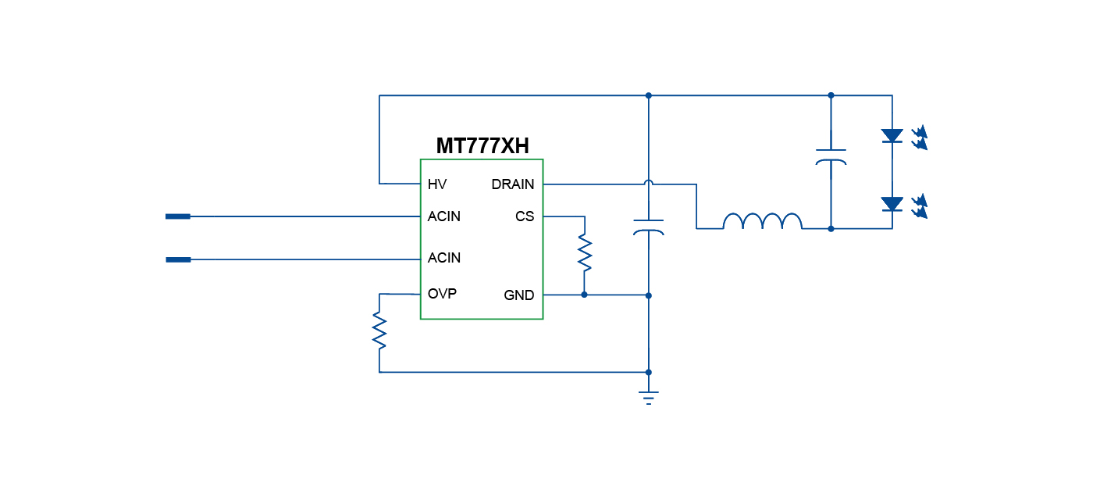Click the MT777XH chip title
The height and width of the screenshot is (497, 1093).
click(482, 146)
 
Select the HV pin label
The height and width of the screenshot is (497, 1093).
click(437, 184)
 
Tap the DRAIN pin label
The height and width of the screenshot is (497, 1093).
click(513, 184)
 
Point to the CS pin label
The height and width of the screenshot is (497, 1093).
click(525, 216)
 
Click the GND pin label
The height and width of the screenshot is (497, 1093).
click(519, 295)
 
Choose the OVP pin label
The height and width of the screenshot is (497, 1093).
click(442, 294)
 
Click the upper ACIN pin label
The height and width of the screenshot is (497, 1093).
click(444, 216)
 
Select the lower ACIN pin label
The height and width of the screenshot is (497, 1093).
click(444, 258)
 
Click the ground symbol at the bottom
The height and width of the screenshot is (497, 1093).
click(648, 396)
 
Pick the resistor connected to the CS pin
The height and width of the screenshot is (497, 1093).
click(584, 253)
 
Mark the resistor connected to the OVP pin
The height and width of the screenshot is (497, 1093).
click(379, 330)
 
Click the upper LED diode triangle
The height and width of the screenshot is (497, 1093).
click(892, 136)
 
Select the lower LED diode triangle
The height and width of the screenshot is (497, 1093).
click(892, 204)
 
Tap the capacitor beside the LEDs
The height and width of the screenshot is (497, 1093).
click(831, 156)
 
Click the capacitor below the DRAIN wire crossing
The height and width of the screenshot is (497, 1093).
click(648, 227)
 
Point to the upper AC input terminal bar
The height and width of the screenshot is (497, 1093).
click(178, 216)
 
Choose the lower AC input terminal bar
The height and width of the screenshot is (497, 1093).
click(178, 259)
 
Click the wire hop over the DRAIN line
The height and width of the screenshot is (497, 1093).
click(648, 184)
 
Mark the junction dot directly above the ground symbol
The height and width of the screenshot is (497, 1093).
click(648, 372)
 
